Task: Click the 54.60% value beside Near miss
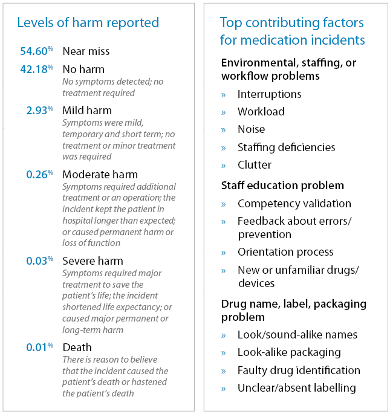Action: [x=37, y=52]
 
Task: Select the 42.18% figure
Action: [x=37, y=70]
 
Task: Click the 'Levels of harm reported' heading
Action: [x=88, y=23]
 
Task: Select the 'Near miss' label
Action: [x=86, y=52]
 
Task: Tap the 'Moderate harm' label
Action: [x=100, y=174]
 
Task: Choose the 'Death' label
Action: [x=77, y=347]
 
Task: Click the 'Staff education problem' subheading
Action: [x=282, y=186]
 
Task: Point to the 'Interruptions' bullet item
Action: [x=269, y=94]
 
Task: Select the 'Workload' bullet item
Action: [x=261, y=112]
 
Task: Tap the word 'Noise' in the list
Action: [x=251, y=129]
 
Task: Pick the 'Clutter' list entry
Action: [x=254, y=164]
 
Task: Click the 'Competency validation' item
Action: [x=294, y=204]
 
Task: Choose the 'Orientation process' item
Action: [x=285, y=252]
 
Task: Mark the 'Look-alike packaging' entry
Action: [x=289, y=352]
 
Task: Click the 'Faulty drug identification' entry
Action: [x=299, y=370]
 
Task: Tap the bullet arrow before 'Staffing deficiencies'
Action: [x=224, y=147]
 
